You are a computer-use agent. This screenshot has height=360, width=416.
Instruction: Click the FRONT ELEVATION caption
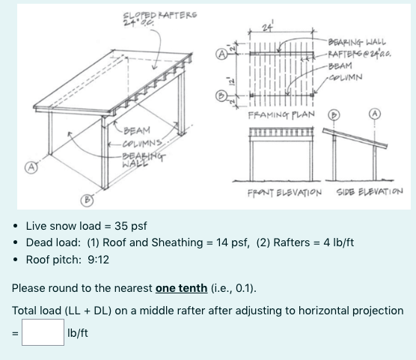coord(284,192)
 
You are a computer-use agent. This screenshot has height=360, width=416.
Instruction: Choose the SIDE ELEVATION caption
coord(369,192)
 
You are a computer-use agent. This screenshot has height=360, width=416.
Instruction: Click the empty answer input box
coord(43,332)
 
